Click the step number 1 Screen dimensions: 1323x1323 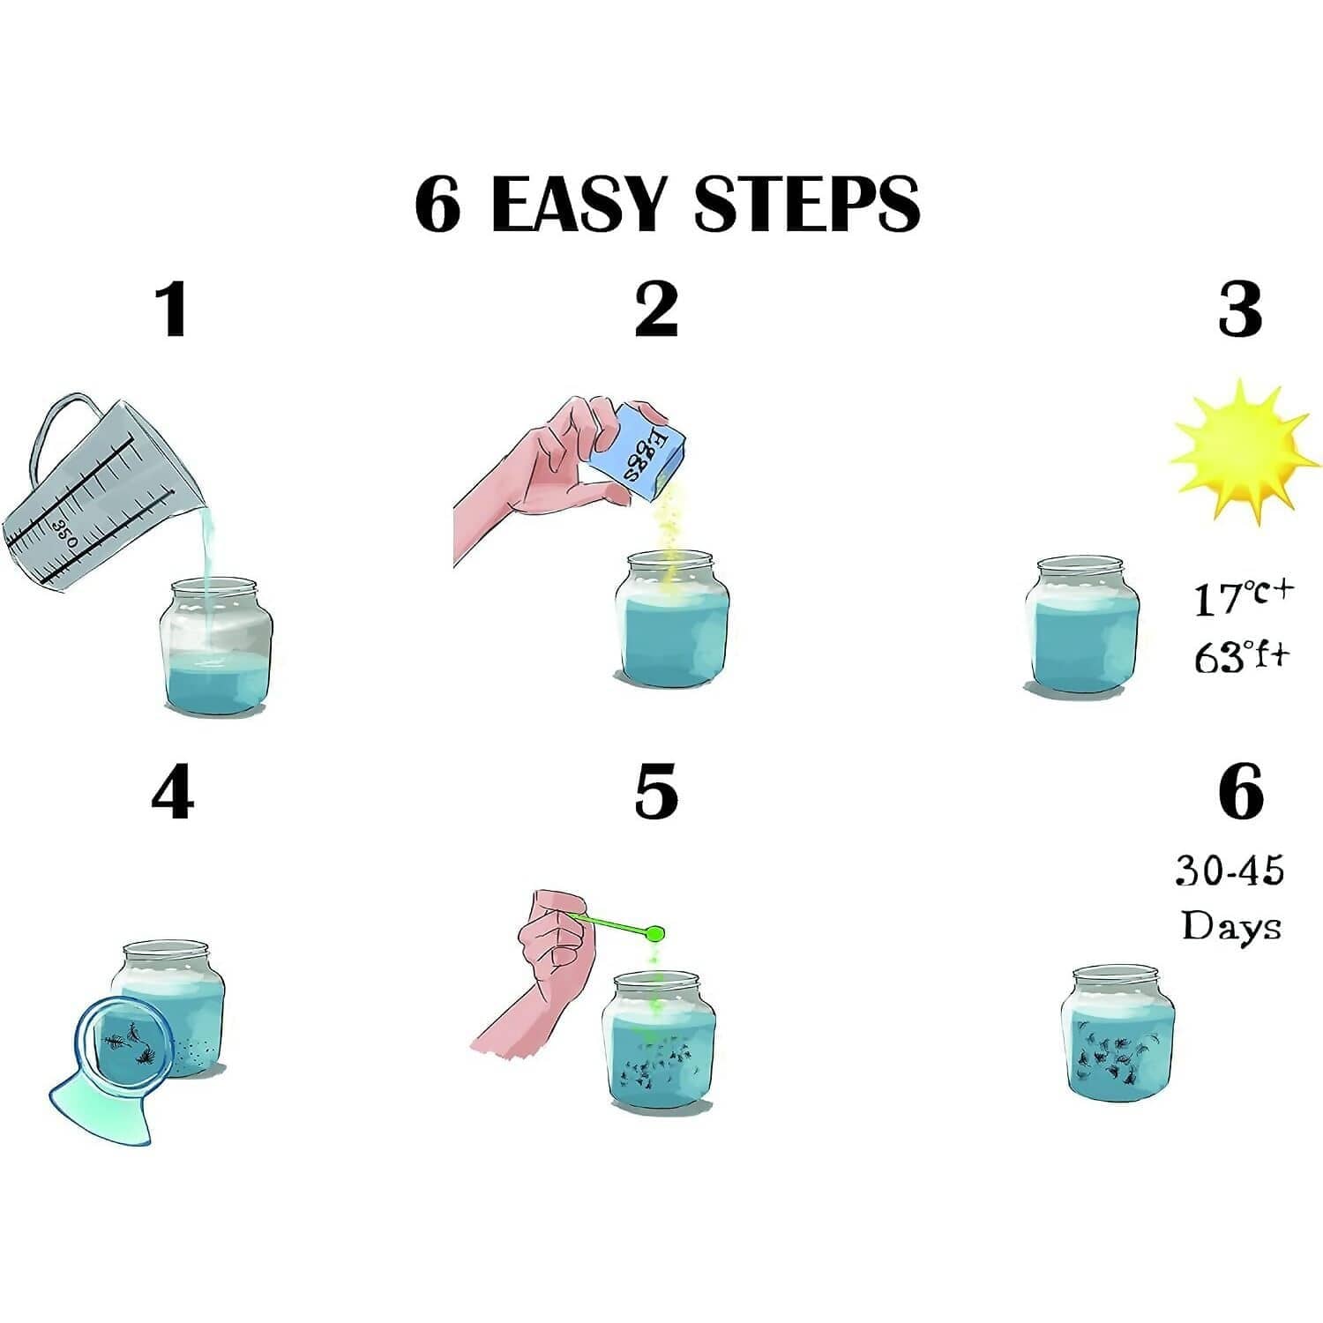click(172, 310)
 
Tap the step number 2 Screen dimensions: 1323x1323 click(656, 310)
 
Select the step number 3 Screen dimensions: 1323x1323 click(1239, 310)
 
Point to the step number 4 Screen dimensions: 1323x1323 click(172, 793)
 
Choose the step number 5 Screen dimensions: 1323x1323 click(656, 793)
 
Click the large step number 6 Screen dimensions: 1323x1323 click(1240, 793)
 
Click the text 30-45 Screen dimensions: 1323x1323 click(1230, 871)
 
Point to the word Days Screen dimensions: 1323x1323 click(1230, 926)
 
